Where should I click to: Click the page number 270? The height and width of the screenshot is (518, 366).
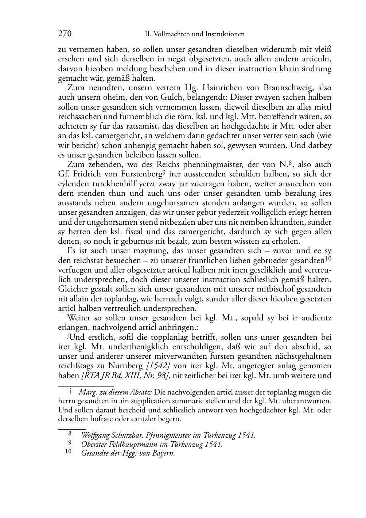coord(65,34)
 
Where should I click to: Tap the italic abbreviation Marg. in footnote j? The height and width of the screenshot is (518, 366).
coord(86,392)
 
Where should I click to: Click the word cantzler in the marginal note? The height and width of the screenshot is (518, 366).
coord(139,419)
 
